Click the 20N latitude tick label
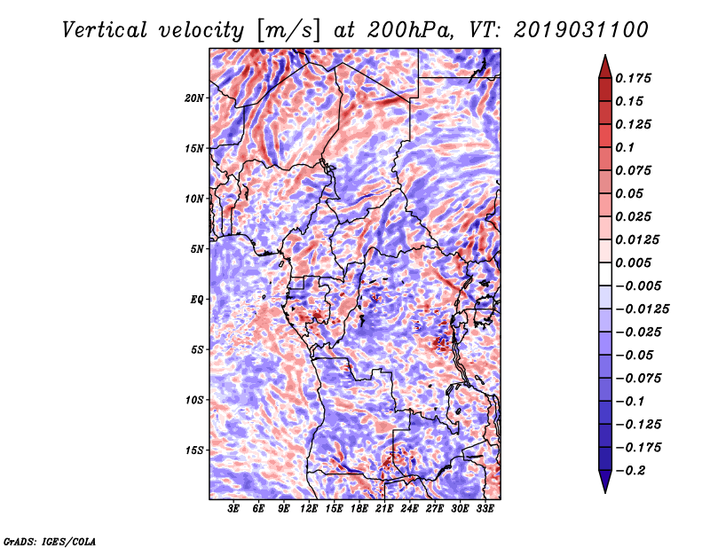coord(193,98)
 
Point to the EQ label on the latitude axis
coord(196,299)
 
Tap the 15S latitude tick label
coord(194,450)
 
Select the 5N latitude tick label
coord(197,249)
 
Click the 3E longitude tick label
coord(233,509)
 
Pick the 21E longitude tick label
coord(384,509)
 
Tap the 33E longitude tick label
coord(485,509)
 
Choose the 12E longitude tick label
coord(309,509)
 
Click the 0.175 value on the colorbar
coord(633,78)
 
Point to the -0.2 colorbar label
coord(630,471)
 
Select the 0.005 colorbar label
coord(633,262)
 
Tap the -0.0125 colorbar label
coord(642,309)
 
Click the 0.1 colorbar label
coord(625,147)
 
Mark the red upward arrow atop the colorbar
coord(605,67)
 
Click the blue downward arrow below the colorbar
coord(605,481)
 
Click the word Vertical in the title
coord(105,30)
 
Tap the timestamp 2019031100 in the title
coord(581,30)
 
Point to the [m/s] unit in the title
coord(289,31)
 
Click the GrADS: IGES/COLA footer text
coord(50,541)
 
